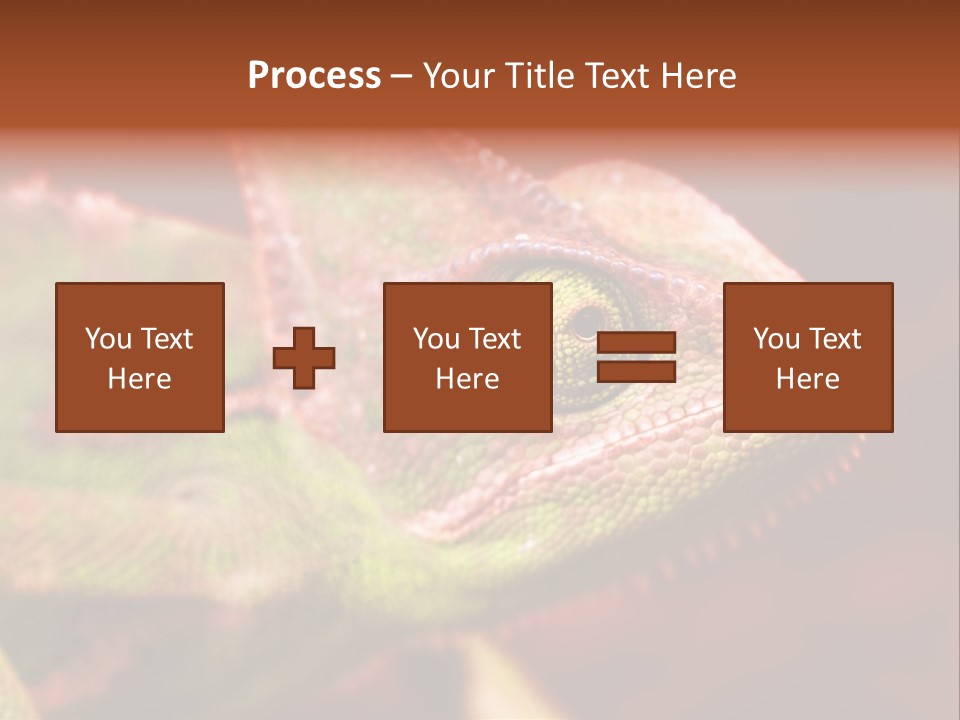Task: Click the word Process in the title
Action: pos(314,76)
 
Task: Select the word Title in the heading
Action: pos(537,76)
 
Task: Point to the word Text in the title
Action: pos(614,76)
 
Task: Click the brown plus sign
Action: pos(304,358)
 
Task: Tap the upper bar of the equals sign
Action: pos(636,343)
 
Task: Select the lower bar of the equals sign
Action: pos(636,372)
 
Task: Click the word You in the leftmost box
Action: pos(109,339)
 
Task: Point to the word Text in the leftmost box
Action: pos(165,339)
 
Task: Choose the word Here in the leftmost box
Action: pos(139,379)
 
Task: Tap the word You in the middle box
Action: pos(437,339)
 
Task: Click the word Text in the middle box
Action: pos(493,339)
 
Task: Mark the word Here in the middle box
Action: pos(467,379)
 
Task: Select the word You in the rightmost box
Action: pos(777,339)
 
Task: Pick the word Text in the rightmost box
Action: pos(833,339)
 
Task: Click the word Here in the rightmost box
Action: pos(807,379)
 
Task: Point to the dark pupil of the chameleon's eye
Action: pos(583,321)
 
